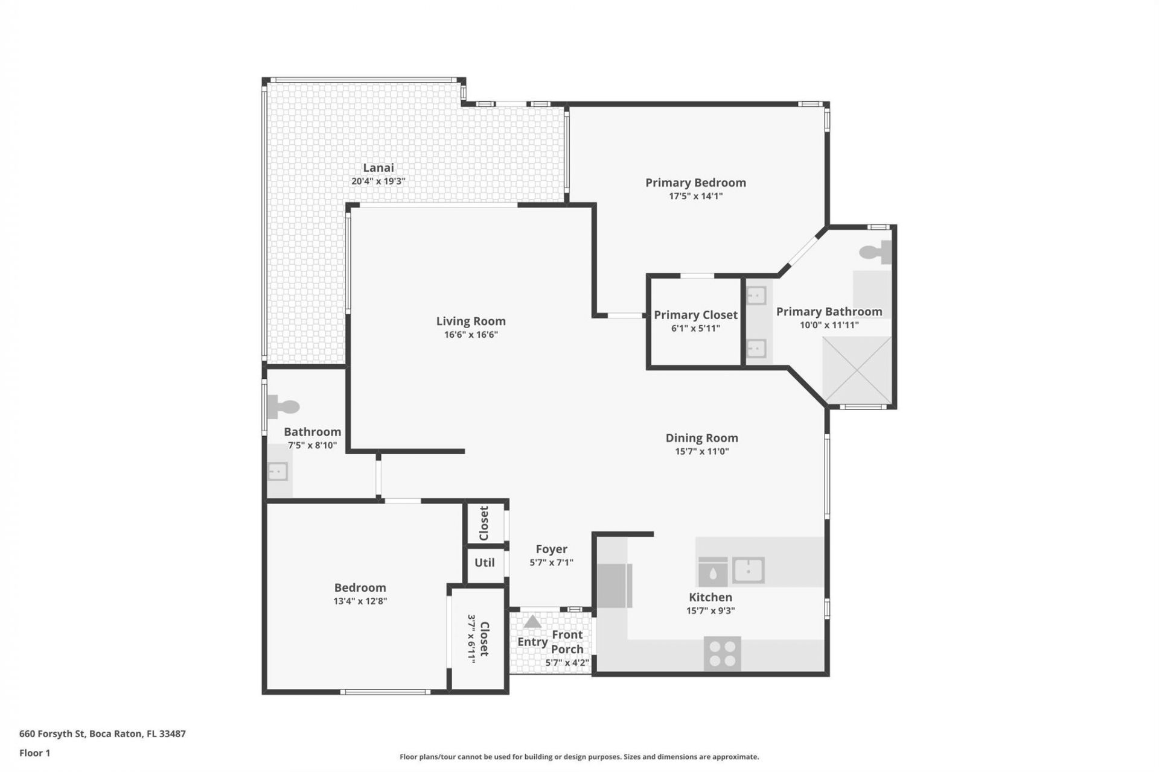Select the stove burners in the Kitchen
tap(722, 653)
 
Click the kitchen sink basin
tap(749, 570)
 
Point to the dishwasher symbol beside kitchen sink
tap(713, 571)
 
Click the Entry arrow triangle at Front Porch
tap(532, 622)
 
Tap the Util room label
tap(484, 563)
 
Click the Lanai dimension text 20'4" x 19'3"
tap(378, 181)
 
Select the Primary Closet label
tap(695, 315)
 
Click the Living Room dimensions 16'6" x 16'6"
tap(471, 335)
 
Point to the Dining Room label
tap(701, 438)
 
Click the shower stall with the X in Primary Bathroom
tap(857, 370)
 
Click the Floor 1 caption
tap(34, 753)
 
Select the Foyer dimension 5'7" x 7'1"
tap(551, 563)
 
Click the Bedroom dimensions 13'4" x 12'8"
tap(360, 601)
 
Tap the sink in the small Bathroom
tap(278, 471)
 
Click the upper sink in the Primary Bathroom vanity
tap(756, 296)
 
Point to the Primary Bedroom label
tap(695, 183)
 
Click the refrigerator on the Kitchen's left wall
tap(613, 586)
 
